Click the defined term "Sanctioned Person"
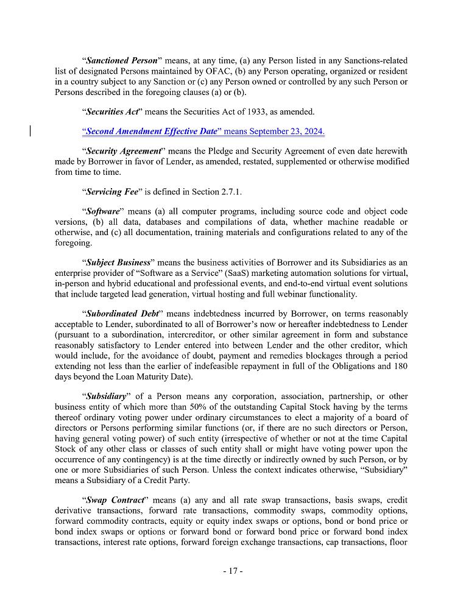pyautogui.click(x=121, y=61)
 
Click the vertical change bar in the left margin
pyautogui.click(x=31, y=131)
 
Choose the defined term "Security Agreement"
pyautogui.click(x=124, y=151)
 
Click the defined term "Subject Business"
pyautogui.click(x=118, y=262)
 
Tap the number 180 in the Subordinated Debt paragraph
pyautogui.click(x=399, y=365)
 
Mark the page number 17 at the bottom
pyautogui.click(x=233, y=571)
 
